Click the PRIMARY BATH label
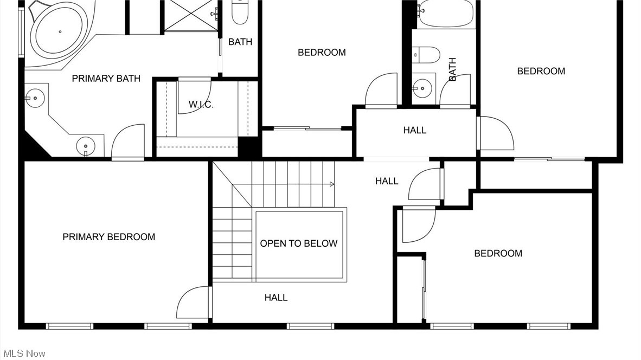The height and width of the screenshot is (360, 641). (106, 79)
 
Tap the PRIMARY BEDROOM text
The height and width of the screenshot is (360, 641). (108, 237)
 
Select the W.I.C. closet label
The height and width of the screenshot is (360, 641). (201, 105)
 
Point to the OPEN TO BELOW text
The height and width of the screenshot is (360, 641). (298, 243)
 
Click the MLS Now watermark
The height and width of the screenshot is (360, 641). (23, 353)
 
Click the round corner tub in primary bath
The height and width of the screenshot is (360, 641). (59, 33)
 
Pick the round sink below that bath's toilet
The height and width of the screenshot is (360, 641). (421, 87)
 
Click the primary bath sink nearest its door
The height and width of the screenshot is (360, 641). (85, 145)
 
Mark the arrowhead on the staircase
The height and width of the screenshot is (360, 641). (331, 185)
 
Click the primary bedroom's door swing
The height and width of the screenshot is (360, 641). (193, 304)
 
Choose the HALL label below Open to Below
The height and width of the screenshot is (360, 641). (275, 297)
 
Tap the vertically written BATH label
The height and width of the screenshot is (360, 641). (452, 69)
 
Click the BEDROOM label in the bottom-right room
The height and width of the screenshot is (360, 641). (498, 253)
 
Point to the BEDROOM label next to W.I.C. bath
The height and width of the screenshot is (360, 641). (322, 53)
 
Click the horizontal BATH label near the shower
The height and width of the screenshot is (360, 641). (240, 42)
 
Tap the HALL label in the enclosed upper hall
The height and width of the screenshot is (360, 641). (414, 130)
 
